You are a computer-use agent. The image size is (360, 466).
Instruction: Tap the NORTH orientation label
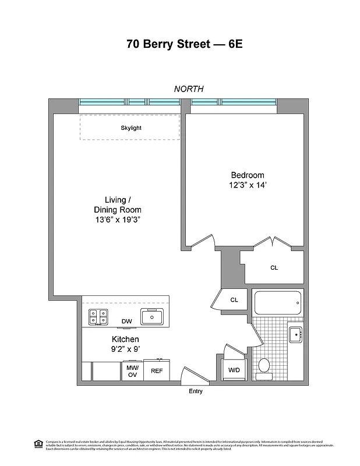(x=188, y=89)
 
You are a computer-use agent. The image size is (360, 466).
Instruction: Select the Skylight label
(x=130, y=128)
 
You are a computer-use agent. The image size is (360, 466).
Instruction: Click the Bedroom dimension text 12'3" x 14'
(x=248, y=185)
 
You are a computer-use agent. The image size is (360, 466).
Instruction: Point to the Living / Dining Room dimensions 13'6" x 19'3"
(x=117, y=220)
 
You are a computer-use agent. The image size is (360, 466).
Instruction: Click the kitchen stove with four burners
(x=97, y=317)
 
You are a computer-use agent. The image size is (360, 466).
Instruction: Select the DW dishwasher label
(x=126, y=321)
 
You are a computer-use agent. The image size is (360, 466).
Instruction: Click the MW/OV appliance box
(x=132, y=370)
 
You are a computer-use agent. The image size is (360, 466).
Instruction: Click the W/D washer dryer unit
(x=234, y=370)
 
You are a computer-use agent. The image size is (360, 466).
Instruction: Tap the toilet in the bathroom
(x=263, y=366)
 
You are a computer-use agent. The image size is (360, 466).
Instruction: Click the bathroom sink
(x=295, y=335)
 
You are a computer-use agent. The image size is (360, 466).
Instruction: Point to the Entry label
(x=196, y=391)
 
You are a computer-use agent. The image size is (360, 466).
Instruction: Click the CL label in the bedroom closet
(x=274, y=268)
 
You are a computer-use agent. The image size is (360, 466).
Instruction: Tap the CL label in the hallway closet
(x=234, y=300)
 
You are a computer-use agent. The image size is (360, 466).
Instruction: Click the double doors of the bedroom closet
(x=271, y=243)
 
